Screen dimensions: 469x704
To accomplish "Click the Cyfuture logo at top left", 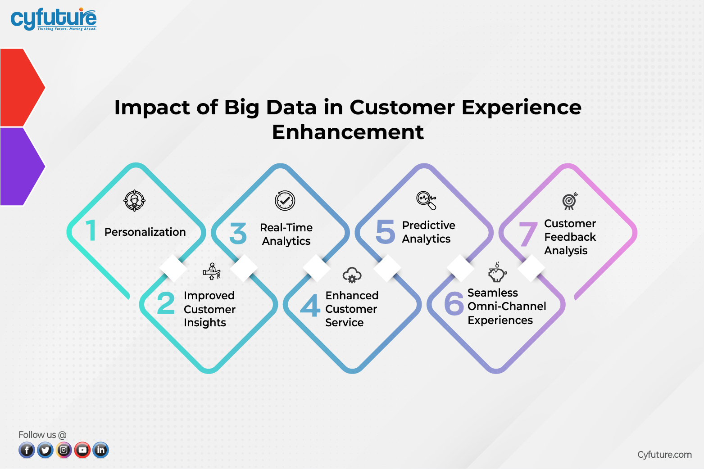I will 53,19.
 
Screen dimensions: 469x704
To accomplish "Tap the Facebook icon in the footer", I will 27,450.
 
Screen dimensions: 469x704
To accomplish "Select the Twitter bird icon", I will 45,450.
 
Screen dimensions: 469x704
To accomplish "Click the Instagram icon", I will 64,450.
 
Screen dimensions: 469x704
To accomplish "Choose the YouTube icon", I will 82,450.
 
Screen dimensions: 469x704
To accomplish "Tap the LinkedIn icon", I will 101,450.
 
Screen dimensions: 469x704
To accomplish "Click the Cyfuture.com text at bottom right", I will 664,455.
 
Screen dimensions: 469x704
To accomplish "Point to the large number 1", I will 91,230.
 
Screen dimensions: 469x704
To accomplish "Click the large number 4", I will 310,306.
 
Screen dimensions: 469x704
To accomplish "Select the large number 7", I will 528,234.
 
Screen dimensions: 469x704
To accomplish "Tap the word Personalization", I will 145,232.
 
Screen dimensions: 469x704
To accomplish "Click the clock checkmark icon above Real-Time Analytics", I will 285,201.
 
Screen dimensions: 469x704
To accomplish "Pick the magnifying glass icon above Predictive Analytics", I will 427,200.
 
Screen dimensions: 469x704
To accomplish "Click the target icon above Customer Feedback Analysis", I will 570,201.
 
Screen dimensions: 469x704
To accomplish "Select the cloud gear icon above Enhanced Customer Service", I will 352,275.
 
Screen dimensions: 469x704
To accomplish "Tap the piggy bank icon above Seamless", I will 497,273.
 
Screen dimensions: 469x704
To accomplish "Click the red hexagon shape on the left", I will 20,87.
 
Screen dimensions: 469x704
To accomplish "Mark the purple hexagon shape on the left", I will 20,166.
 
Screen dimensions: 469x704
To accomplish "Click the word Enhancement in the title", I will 348,132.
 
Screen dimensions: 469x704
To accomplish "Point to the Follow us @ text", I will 42,435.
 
